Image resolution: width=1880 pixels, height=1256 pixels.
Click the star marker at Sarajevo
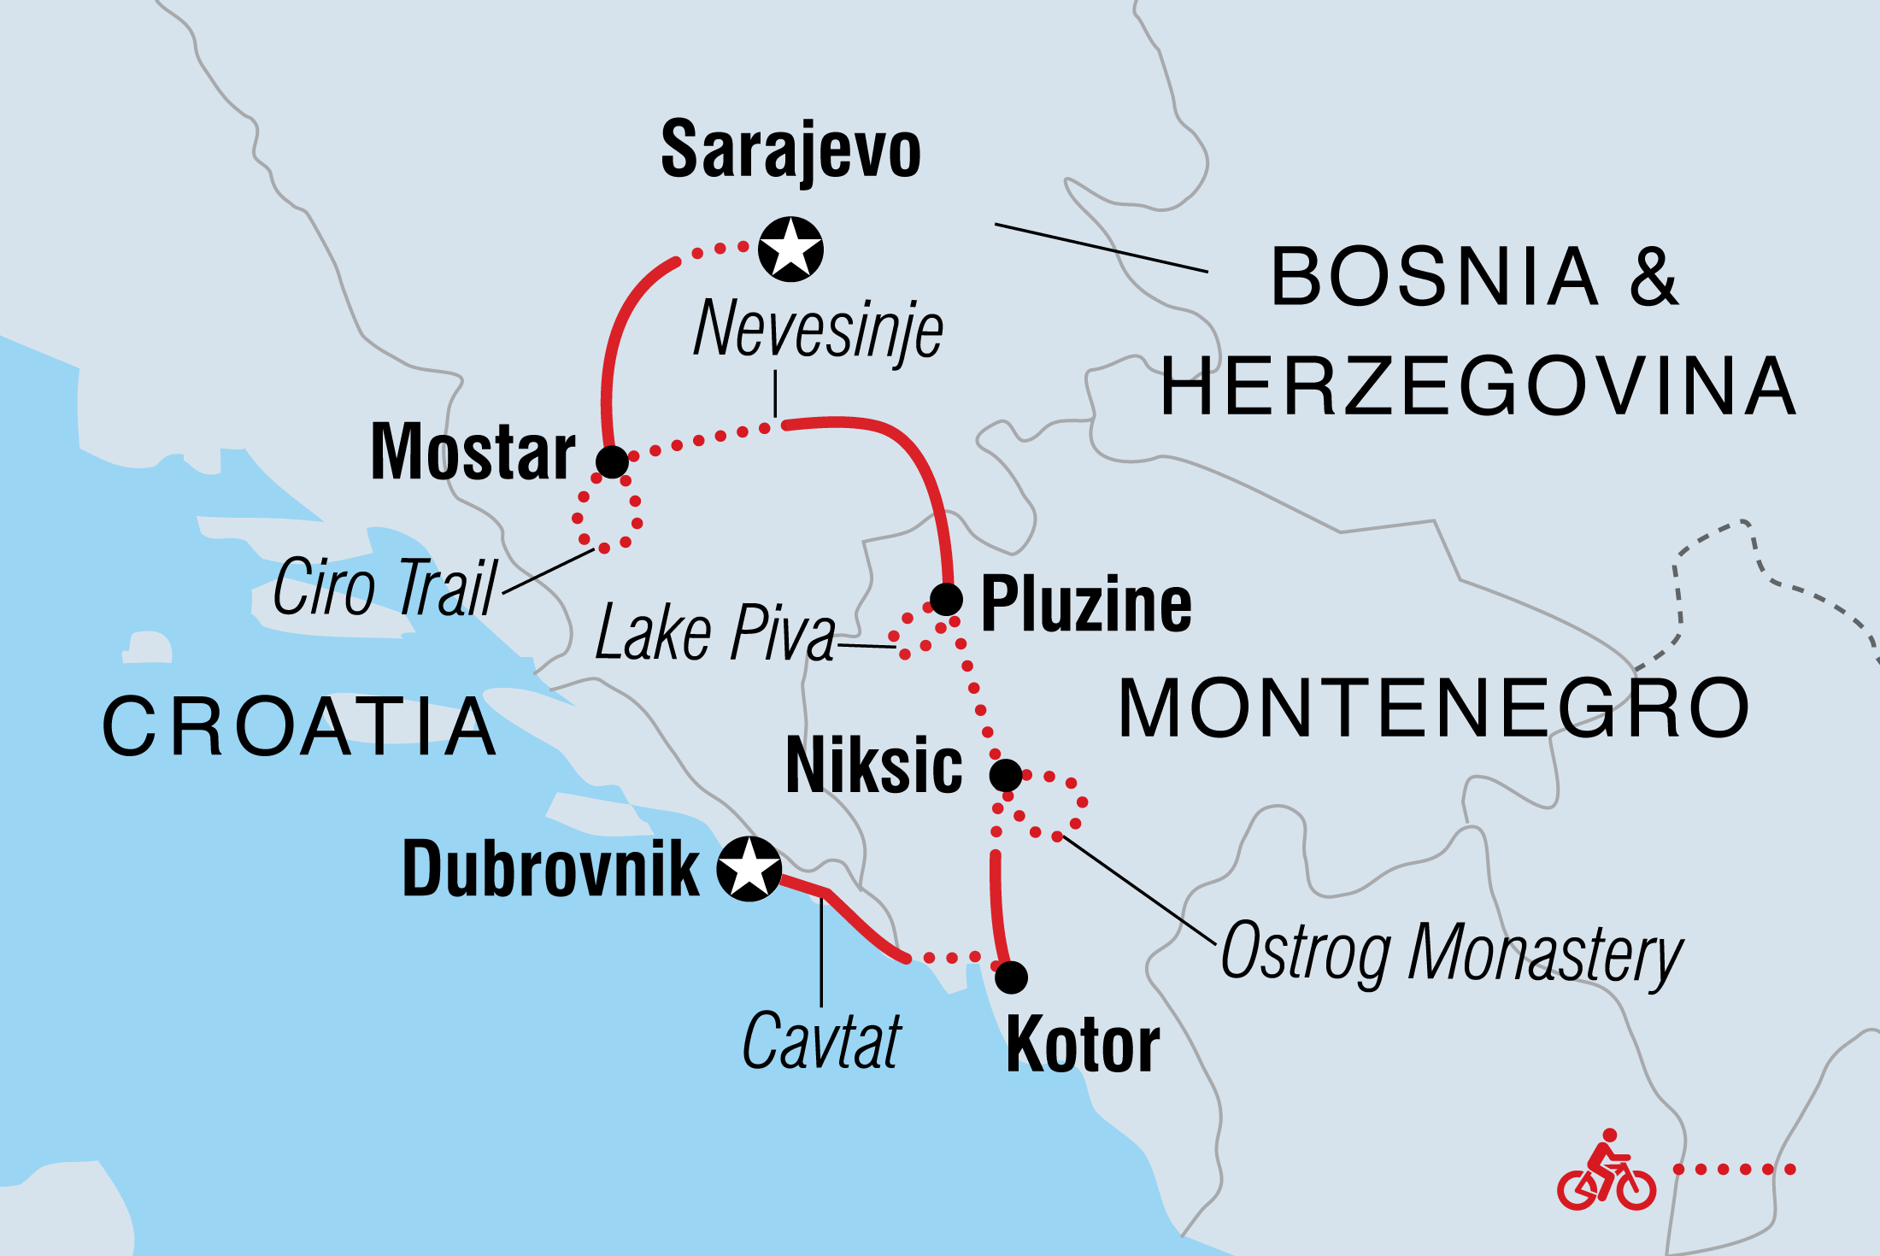coord(790,249)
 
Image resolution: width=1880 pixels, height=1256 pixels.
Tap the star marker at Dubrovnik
coord(749,869)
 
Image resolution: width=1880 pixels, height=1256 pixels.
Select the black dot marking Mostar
coord(612,462)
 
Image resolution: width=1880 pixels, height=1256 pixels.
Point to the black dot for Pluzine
coord(946,599)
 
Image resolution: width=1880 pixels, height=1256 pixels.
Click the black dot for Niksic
coord(1006,776)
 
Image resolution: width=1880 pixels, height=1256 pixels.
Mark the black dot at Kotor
coord(1011,977)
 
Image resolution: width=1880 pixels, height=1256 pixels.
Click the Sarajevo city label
coord(790,151)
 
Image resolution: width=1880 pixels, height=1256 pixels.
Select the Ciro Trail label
coord(385,587)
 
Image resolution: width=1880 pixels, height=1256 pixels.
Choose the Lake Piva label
coord(715,633)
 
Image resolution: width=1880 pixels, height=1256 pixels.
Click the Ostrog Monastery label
coord(1451,953)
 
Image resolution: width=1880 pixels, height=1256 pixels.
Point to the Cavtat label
coord(821,1042)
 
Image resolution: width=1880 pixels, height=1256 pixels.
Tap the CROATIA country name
coord(299,727)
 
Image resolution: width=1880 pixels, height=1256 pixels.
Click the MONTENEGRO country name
coord(1434,708)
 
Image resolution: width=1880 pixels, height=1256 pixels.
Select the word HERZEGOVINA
coord(1478,387)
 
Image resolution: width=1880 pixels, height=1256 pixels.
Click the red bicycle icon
coord(1606,1172)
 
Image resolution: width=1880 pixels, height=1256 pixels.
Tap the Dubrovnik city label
coord(550,870)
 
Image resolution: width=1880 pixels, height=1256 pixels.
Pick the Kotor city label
coord(1083,1046)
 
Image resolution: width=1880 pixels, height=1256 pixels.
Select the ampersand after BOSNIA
coord(1654,277)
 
